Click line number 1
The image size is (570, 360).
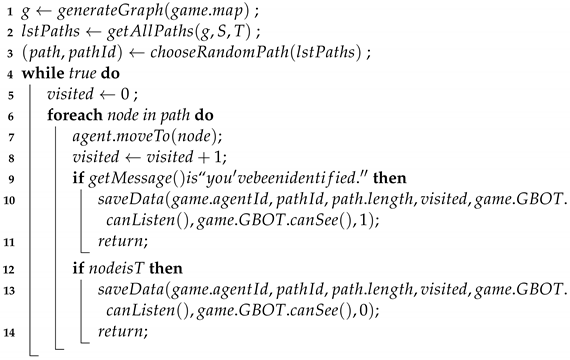point(8,12)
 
